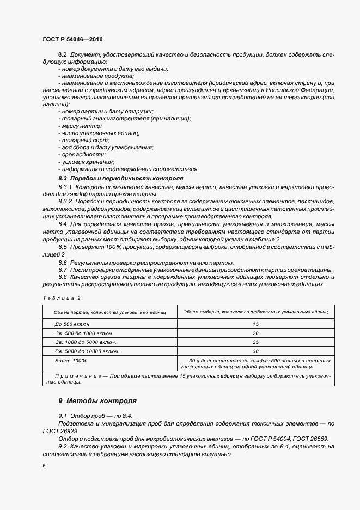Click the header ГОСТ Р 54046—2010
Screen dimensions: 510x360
click(x=72, y=40)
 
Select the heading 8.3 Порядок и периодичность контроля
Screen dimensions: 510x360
click(x=120, y=178)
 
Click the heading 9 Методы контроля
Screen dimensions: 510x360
click(x=97, y=401)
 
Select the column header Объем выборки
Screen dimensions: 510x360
click(x=255, y=312)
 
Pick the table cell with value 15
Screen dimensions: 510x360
click(x=255, y=324)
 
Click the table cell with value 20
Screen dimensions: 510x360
click(x=255, y=333)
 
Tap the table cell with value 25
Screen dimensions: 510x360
click(x=255, y=342)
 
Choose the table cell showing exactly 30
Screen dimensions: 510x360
click(x=255, y=351)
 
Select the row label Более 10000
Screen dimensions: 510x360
click(x=71, y=361)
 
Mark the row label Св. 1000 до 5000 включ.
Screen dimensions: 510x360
click(x=86, y=342)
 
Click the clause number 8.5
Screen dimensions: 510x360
click(x=63, y=247)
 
